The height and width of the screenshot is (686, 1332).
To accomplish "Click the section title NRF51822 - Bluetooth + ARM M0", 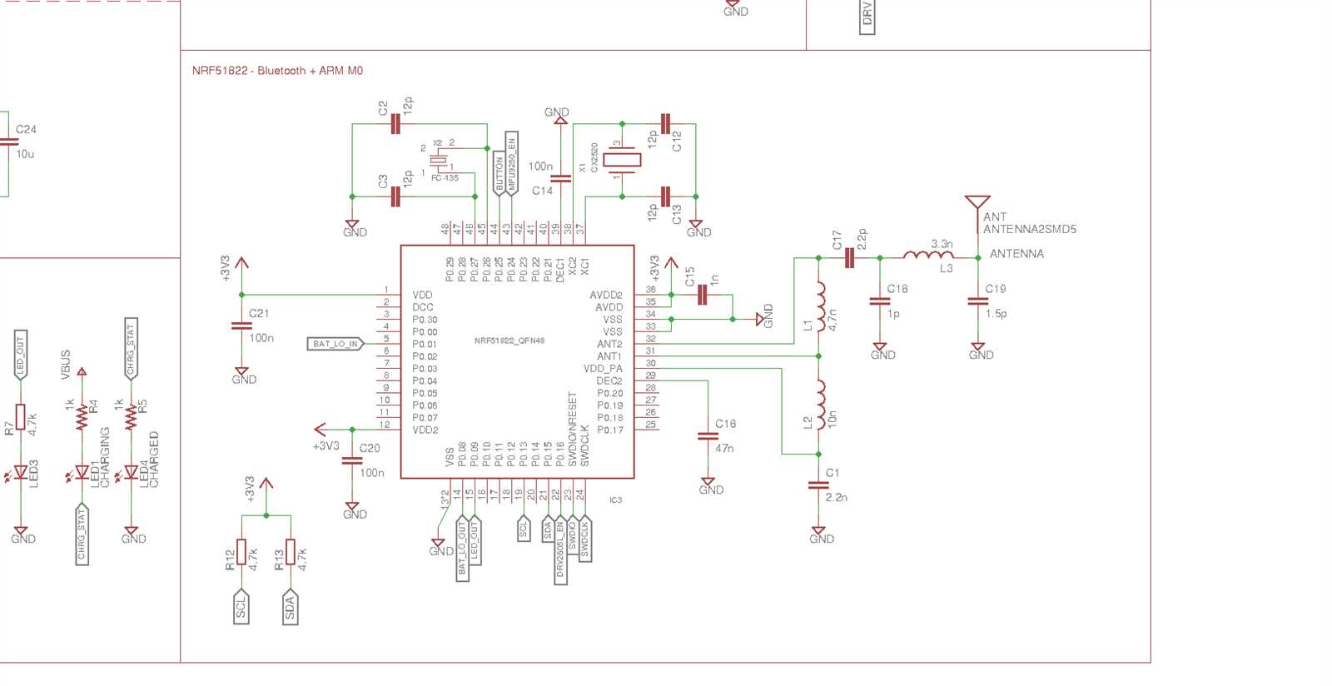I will tap(277, 71).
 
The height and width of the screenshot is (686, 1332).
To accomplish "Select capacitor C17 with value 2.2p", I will tap(849, 258).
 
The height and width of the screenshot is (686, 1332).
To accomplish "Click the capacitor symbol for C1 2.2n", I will tap(818, 485).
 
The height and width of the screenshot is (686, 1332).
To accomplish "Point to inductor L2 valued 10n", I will tap(820, 402).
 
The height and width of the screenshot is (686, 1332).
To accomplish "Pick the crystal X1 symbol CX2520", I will tap(622, 160).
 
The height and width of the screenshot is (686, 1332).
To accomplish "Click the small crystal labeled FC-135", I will tap(438, 162).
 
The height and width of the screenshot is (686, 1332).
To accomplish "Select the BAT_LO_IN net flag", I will tap(335, 344).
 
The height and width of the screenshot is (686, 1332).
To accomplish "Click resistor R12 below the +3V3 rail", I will tap(241, 552).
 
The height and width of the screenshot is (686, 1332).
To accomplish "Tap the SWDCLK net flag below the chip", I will tap(585, 539).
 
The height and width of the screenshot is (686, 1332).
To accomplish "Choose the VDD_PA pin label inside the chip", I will tap(603, 369).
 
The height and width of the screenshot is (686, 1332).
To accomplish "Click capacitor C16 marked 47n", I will tap(707, 435).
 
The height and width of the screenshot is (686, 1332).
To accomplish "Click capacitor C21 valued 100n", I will tap(241, 326).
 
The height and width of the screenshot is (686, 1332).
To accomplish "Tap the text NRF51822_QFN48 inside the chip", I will tap(509, 341).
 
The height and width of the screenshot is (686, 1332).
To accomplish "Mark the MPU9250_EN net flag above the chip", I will tap(512, 163).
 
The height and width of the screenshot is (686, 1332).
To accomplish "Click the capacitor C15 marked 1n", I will tap(702, 295).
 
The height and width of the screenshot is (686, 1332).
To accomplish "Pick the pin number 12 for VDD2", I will tap(385, 425).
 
